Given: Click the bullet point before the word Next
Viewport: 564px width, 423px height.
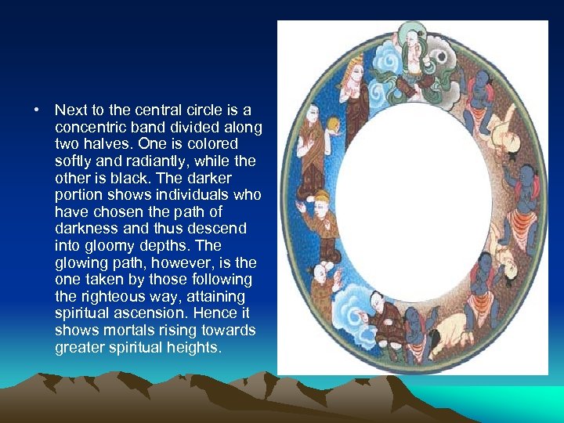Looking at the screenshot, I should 38,110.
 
